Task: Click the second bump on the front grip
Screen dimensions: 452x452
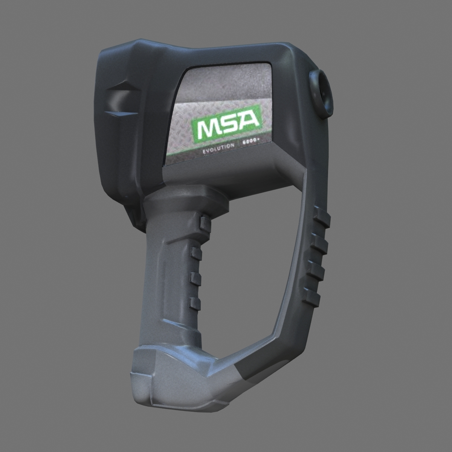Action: point(197,253)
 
